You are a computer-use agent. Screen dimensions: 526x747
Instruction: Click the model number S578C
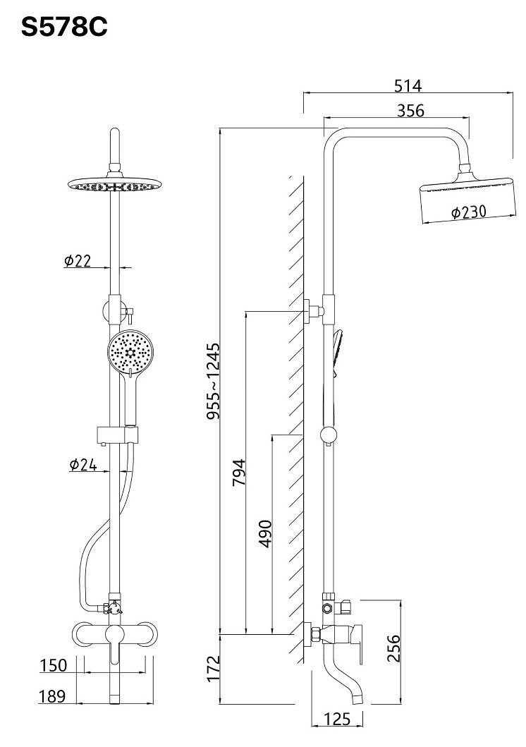pos(64,28)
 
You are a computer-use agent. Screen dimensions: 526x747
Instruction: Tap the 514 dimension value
pos(408,86)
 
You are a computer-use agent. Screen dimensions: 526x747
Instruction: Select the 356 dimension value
pos(410,111)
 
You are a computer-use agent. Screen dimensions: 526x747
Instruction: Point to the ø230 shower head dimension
pos(469,212)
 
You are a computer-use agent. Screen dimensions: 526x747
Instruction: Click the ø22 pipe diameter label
pos(77,260)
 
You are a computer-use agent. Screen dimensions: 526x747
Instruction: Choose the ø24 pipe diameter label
pos(82,464)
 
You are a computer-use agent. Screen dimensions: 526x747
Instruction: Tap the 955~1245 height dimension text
pos(214,381)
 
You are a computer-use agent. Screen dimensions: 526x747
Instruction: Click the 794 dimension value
pos(238,472)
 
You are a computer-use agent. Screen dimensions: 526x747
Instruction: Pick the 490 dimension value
pos(265,534)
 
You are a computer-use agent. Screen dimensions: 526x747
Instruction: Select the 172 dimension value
pos(214,669)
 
